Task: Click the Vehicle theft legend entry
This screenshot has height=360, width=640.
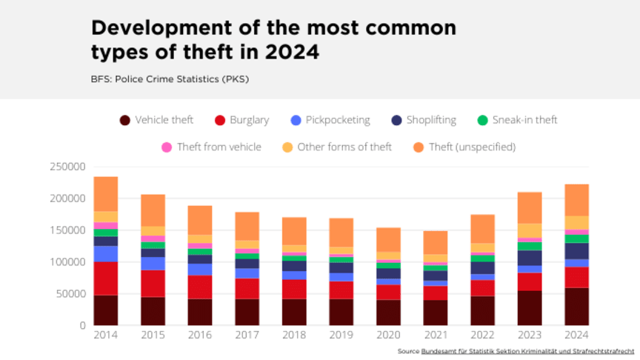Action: point(156,120)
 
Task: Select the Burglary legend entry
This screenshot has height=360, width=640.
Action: point(241,120)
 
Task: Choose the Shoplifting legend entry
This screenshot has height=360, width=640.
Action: point(424,120)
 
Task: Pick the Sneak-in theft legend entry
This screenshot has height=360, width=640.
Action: point(516,120)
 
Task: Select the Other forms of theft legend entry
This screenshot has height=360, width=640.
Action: point(337,147)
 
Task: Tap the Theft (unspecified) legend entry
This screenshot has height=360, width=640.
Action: point(464,147)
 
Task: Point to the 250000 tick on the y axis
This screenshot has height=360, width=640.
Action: point(68,167)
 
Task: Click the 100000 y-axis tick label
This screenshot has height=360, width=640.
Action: point(68,262)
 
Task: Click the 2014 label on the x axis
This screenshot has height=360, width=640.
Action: point(106,334)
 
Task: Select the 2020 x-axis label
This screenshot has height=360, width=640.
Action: point(388,334)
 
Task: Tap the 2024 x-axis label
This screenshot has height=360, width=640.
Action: point(576,334)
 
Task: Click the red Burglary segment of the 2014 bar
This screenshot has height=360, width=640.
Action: point(106,278)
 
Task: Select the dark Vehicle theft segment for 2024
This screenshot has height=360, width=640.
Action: point(576,307)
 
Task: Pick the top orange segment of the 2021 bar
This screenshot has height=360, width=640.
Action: point(436,242)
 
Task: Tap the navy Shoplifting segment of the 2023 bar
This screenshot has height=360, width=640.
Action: point(530,258)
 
